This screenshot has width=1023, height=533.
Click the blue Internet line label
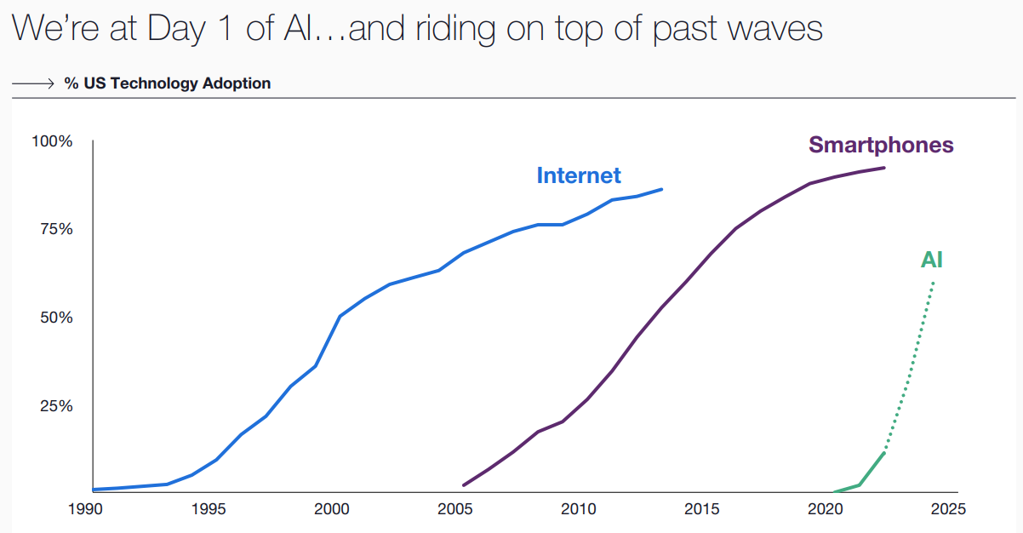pos(579,175)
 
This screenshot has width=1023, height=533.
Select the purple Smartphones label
pos(881,145)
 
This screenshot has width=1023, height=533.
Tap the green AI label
pos(931,261)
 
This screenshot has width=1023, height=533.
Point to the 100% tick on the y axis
pos(52,140)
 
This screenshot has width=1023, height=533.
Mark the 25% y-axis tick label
pos(54,405)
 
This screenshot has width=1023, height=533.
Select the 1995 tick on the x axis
pos(209,510)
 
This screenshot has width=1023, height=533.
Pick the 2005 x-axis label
pos(455,510)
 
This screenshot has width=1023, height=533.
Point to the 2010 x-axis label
pos(579,510)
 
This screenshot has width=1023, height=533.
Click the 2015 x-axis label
pos(702,510)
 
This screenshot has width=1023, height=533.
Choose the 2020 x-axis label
pos(825,510)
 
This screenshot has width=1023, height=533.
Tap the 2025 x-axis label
pos(948,510)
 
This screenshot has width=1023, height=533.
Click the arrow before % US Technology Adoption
pos(33,83)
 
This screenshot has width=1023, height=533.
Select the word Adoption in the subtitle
pos(237,83)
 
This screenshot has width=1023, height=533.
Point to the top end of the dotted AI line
pos(934,283)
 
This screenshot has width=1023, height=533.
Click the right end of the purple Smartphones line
pos(884,168)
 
